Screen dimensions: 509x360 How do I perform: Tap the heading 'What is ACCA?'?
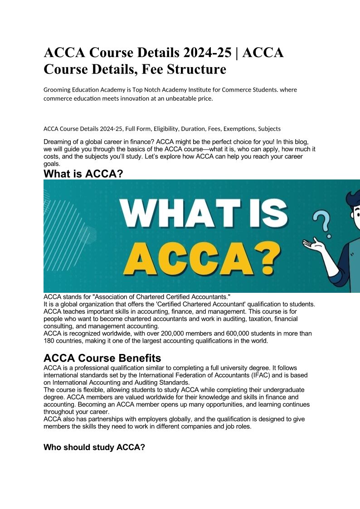click(83, 174)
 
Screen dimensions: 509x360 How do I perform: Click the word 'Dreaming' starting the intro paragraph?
click(58, 142)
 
